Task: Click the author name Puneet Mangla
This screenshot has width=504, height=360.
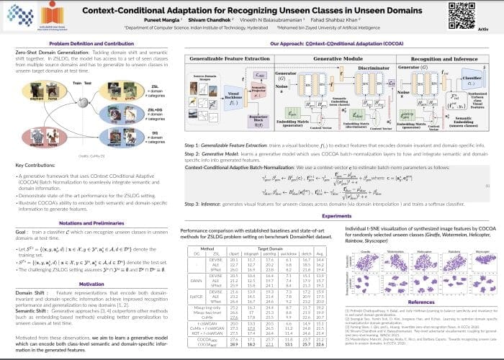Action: click(196, 21)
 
